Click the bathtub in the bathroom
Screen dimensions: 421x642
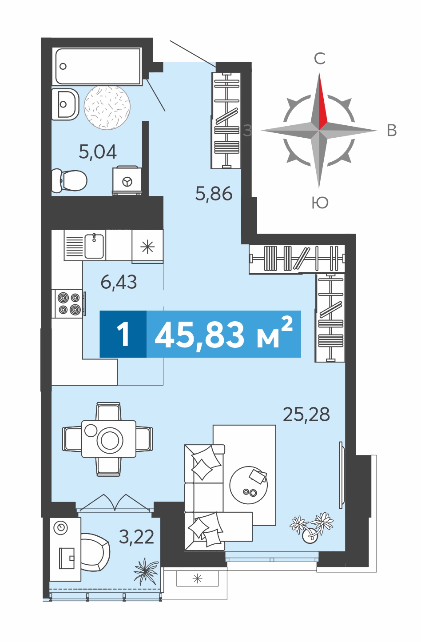pos(97,67)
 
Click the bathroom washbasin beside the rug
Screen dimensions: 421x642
pos(65,104)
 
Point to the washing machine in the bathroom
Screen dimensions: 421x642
pos(127,180)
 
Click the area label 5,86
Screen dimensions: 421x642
pos(214,193)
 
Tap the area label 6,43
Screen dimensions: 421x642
pos(119,282)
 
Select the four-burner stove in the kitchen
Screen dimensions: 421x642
pos(68,303)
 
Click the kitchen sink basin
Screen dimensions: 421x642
pos(94,246)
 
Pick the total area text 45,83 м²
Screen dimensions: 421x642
pos(223,334)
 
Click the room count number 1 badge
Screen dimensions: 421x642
pos(123,334)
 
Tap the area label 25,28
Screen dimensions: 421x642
pos(306,415)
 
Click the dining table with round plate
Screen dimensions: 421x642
pos(108,439)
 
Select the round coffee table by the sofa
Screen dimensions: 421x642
pos(248,485)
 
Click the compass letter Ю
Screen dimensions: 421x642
pos(320,203)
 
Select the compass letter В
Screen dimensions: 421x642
pos(392,131)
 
